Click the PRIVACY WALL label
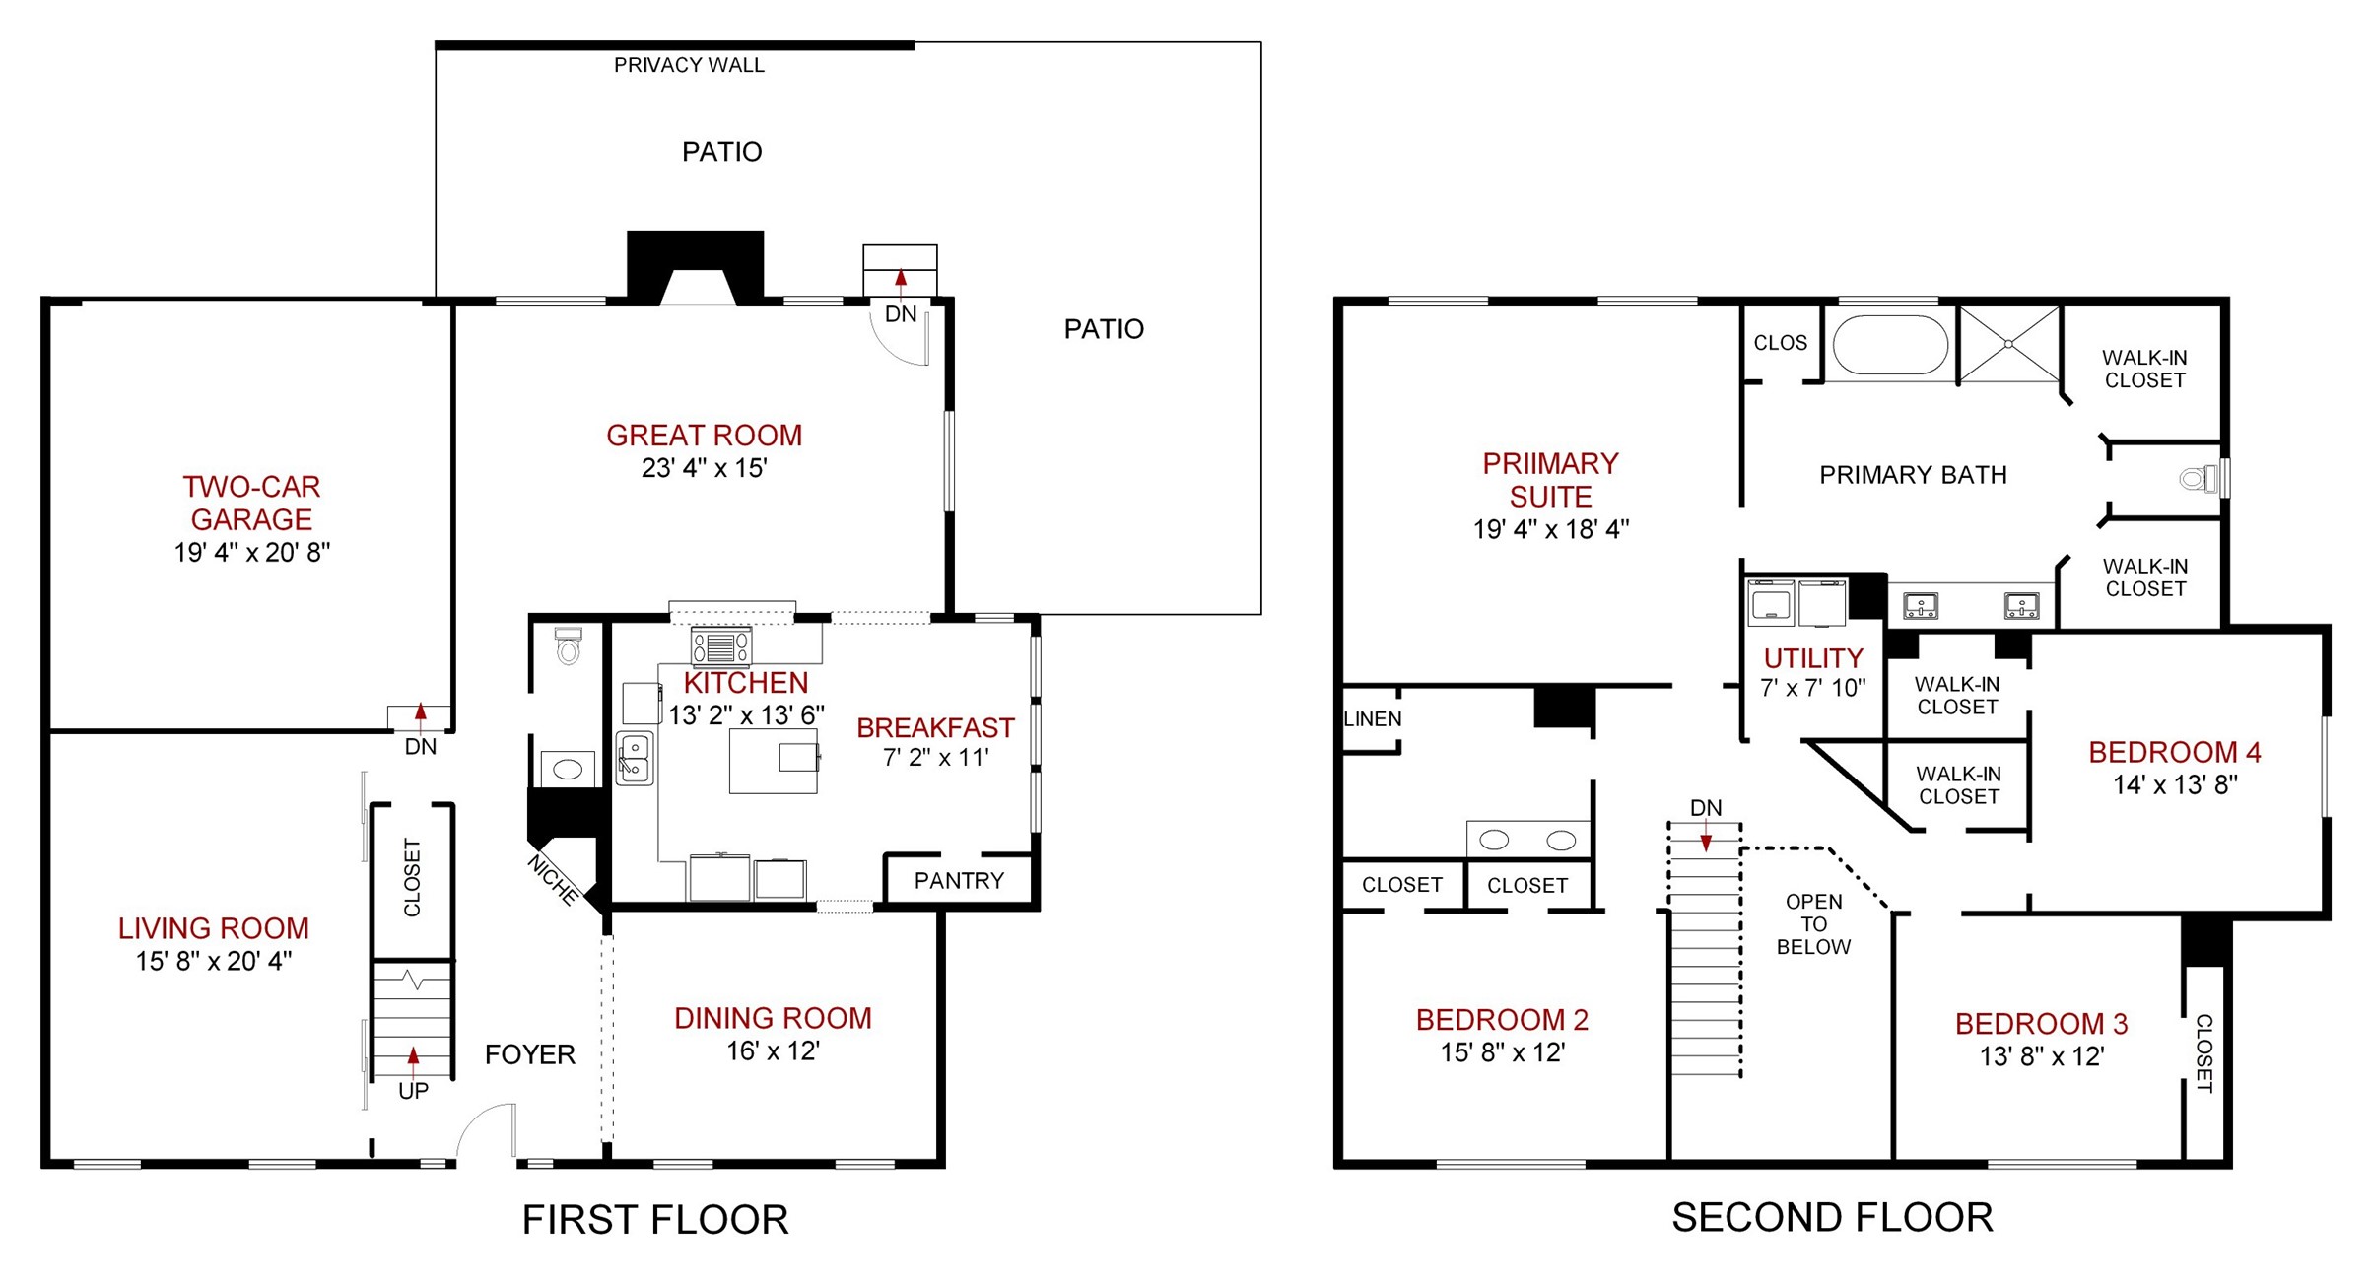tap(689, 65)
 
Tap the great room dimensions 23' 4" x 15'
tap(704, 468)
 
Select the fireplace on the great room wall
tap(696, 267)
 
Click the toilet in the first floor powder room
tap(569, 645)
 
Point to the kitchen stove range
tap(720, 646)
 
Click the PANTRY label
tap(959, 880)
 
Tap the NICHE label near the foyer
tap(553, 880)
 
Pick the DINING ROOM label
tap(773, 1018)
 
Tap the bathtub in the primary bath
tap(1890, 344)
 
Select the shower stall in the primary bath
tap(2008, 344)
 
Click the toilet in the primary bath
tap(2199, 480)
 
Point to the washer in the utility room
tap(1771, 603)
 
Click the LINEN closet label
tap(1373, 718)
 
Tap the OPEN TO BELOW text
tap(1813, 924)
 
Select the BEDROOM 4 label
tap(2175, 752)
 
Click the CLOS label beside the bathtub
tap(1781, 343)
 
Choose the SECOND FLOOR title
tap(1833, 1217)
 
